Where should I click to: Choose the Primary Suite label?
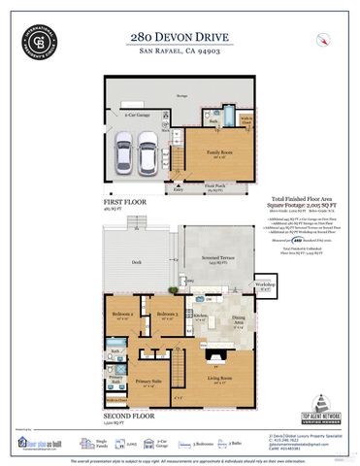[149, 383]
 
